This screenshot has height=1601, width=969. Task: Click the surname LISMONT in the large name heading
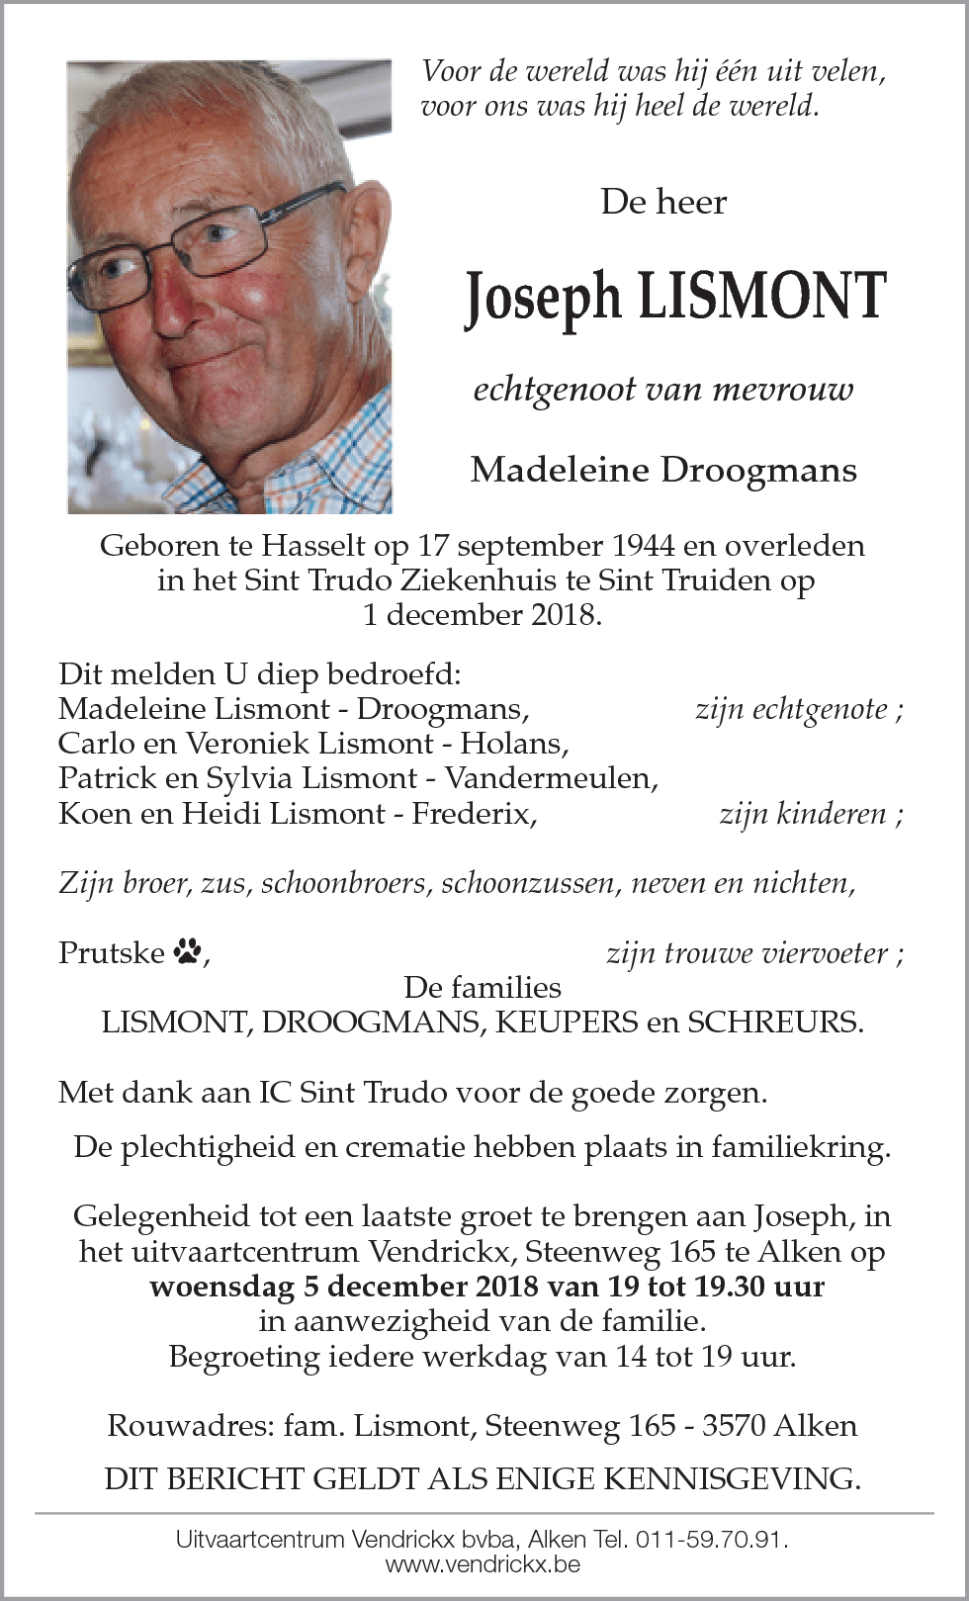(761, 296)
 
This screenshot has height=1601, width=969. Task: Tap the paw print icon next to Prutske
(187, 952)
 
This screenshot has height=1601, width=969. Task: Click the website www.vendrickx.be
(483, 1564)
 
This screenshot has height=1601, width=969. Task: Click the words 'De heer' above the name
(663, 202)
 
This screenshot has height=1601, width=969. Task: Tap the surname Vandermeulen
(552, 778)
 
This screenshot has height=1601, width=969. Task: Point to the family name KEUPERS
(567, 1022)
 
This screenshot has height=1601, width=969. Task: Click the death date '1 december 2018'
(482, 614)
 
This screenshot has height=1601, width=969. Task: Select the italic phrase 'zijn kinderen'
(802, 814)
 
